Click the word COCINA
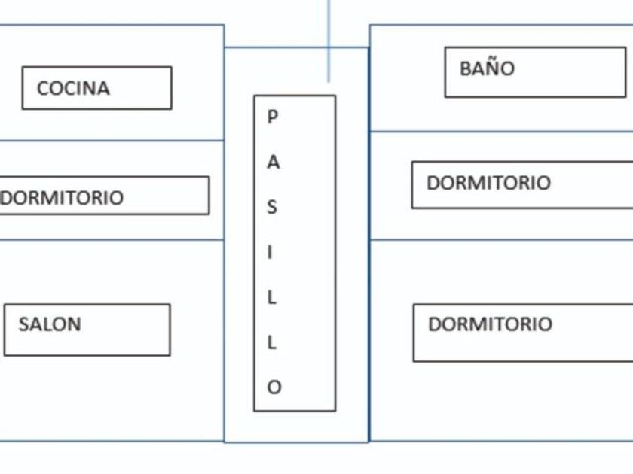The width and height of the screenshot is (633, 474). point(73,88)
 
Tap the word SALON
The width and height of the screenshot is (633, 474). point(50,324)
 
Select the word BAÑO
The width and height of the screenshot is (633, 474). point(487,68)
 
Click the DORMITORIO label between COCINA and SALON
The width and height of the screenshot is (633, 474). point(62,198)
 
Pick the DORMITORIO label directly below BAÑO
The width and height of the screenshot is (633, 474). point(488,183)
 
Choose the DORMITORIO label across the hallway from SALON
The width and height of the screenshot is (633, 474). point(490,324)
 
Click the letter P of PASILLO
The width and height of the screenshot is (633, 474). point(273,117)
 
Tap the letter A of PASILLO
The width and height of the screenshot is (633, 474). point(273,162)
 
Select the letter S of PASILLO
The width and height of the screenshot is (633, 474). point(273,207)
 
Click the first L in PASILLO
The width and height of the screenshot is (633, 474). point(272,297)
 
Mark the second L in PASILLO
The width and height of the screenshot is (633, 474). point(272,342)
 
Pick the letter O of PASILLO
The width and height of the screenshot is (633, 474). point(274,387)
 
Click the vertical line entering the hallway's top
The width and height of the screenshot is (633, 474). point(329,38)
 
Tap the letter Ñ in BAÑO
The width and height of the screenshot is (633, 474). point(494,68)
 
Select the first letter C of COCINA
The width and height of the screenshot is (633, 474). point(43,88)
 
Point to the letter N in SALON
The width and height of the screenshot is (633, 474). point(74,324)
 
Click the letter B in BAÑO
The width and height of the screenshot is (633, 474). point(466,68)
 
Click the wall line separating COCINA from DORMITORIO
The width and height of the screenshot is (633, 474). point(113,141)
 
